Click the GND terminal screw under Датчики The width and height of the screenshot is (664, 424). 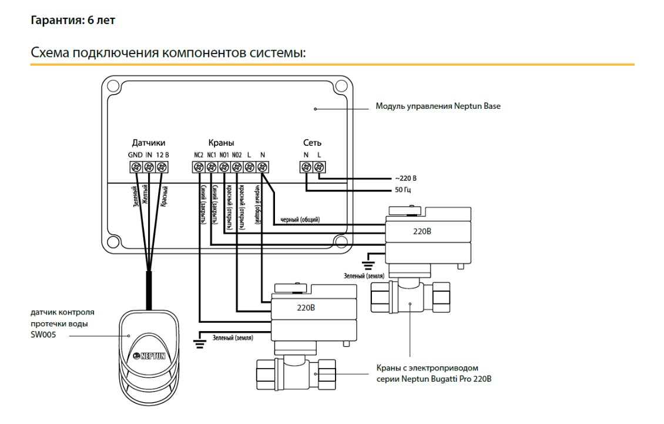pos(136,167)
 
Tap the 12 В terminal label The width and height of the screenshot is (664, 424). pos(162,155)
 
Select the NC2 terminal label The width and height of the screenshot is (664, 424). pos(198,155)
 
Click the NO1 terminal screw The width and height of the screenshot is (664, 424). pos(224,167)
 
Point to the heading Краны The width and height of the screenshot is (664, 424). pos(222,143)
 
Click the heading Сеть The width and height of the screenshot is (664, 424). pos(312,143)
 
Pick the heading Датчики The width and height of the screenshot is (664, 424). pos(148,143)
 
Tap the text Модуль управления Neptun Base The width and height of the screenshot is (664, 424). pos(438,107)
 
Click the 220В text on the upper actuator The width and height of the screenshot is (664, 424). pos(422,232)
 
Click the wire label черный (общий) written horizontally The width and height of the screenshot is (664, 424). pos(300,220)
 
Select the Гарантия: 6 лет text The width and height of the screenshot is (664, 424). pos(73,21)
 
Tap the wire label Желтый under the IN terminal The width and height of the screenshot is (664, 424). pos(145,195)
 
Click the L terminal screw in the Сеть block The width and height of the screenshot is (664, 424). pos(319,167)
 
